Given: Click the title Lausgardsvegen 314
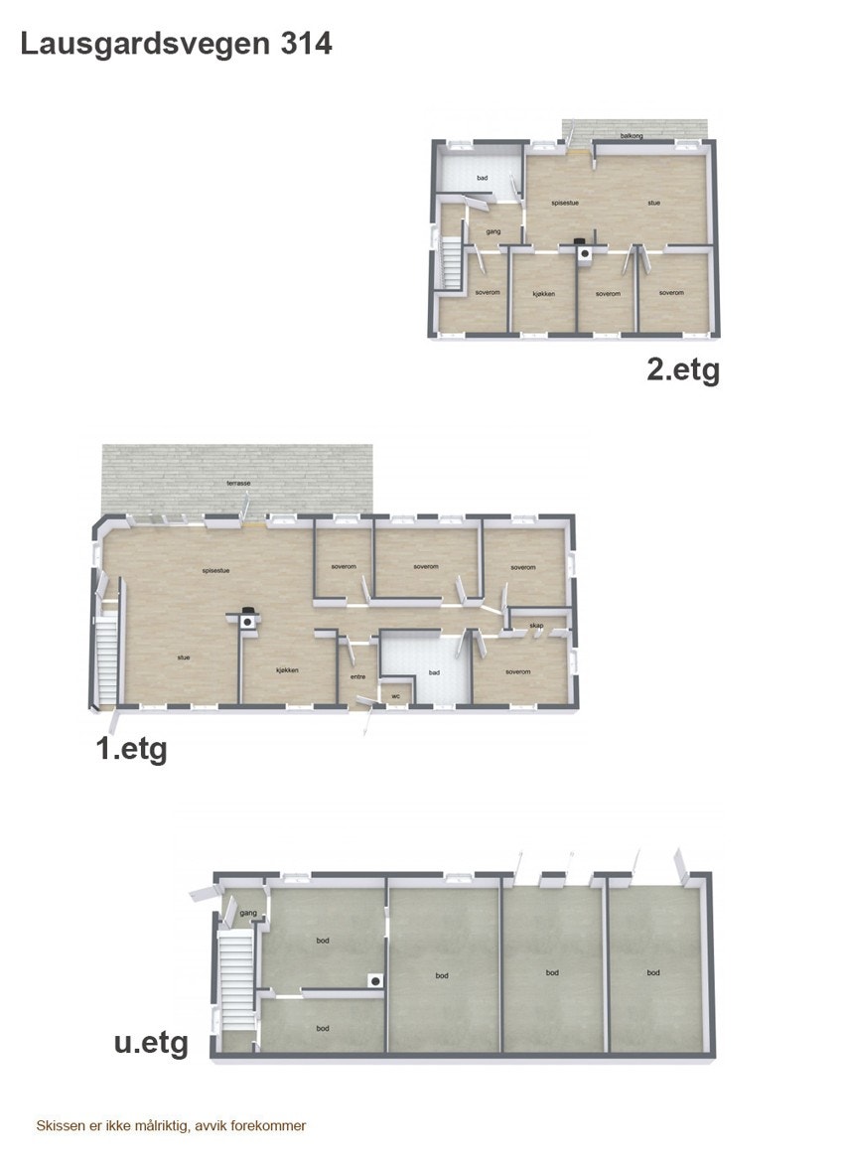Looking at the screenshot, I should tap(176, 44).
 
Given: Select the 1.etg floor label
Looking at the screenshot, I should tap(131, 749).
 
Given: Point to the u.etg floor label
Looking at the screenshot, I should tap(151, 1044).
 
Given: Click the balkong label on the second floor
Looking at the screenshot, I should tap(630, 135).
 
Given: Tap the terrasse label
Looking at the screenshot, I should tap(237, 483).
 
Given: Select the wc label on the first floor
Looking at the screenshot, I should tap(396, 695).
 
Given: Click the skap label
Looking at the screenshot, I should tap(535, 626).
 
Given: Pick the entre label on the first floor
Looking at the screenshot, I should tap(358, 677).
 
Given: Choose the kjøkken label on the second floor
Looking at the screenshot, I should tap(543, 293).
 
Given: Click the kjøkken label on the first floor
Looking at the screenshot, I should tap(287, 670).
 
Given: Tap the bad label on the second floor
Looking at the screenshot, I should tap(483, 178).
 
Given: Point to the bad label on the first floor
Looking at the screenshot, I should tap(434, 672).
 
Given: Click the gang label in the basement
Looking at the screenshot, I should tap(248, 912).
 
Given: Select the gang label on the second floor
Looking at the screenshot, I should tap(492, 231).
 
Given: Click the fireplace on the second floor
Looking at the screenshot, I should tap(584, 250).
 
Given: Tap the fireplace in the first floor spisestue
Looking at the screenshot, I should tap(247, 619).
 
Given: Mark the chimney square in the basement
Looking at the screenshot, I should tap(374, 980).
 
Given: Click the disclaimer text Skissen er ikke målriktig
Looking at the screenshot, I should tap(171, 1125).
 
